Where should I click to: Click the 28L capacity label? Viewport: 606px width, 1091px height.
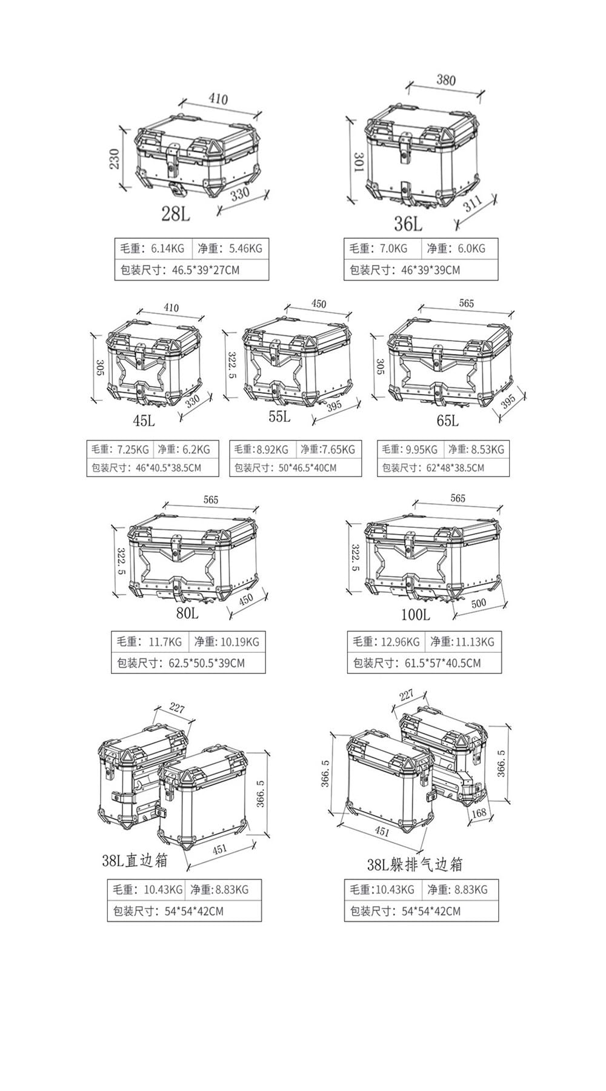(175, 213)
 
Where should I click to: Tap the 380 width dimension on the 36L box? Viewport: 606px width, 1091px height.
(446, 80)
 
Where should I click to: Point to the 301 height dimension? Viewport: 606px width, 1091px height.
(358, 162)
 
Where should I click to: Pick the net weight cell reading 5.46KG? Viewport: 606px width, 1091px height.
(230, 248)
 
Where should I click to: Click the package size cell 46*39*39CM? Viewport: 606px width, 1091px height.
(421, 270)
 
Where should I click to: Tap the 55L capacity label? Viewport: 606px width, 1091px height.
(279, 417)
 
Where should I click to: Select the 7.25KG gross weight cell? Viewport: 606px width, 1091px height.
(120, 449)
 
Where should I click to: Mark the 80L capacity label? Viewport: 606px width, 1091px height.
(187, 613)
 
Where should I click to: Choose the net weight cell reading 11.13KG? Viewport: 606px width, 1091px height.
(463, 641)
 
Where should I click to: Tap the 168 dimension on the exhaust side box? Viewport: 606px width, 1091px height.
(479, 813)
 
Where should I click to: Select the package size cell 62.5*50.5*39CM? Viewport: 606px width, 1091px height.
(188, 662)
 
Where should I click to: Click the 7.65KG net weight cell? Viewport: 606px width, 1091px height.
(329, 449)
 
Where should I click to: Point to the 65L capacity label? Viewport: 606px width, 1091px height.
(447, 420)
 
